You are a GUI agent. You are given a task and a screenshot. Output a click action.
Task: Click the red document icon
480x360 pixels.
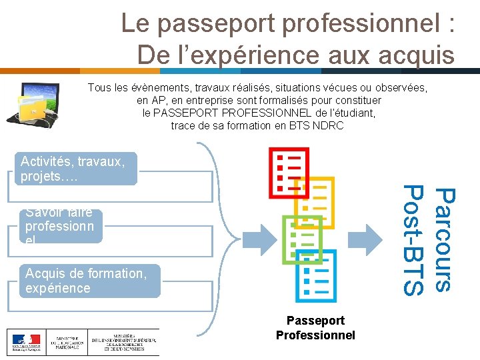pyautogui.click(x=289, y=173)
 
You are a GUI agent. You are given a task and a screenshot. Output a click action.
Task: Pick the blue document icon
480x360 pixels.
pyautogui.click(x=317, y=276)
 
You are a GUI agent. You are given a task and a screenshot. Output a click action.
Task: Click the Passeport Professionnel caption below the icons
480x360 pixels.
pyautogui.click(x=315, y=328)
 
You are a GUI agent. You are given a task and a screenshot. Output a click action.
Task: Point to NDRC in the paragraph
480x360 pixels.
pyautogui.click(x=327, y=125)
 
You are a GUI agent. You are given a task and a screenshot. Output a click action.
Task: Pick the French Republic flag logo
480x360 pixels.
pyautogui.click(x=25, y=342)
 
